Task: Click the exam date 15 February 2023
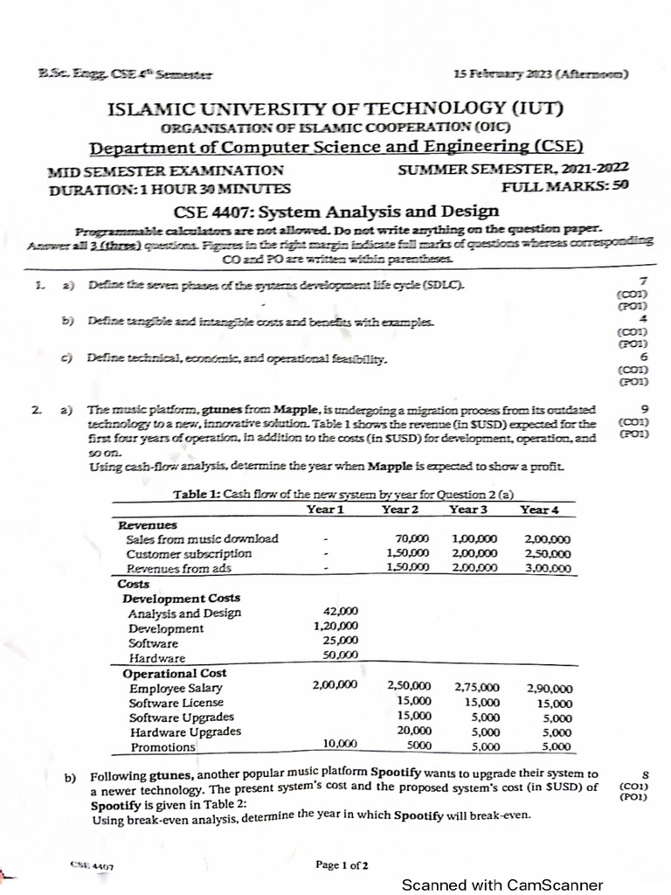coord(542,75)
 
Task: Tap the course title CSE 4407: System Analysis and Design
coord(336,211)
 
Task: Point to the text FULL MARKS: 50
coord(565,187)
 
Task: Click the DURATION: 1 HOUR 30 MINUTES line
coord(158,188)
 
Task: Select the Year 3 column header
coord(469,509)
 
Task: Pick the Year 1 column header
coord(326,509)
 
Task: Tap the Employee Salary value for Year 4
coord(550,688)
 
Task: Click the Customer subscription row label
coord(189,553)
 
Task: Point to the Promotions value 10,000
coord(340,744)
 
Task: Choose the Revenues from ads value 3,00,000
coord(548,568)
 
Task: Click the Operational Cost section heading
coord(175,673)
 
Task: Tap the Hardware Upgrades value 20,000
coord(413,731)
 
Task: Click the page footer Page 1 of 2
coord(342,865)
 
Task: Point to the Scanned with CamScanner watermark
coord(502,885)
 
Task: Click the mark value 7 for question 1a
coord(643,281)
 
